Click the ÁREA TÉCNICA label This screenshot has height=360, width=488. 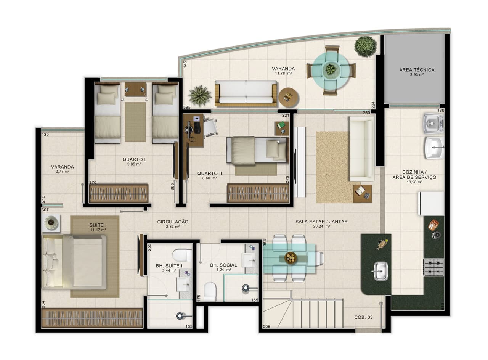click(417, 70)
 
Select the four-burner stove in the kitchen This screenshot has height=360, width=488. click(434, 267)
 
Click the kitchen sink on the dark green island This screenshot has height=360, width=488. click(380, 271)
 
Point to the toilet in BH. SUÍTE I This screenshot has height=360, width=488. click(182, 255)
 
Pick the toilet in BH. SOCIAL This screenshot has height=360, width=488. click(210, 291)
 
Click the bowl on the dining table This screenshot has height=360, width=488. click(291, 258)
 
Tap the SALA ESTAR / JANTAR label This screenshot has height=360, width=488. click(321, 222)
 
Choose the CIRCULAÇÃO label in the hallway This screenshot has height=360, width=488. click(173, 222)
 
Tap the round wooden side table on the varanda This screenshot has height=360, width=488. click(289, 97)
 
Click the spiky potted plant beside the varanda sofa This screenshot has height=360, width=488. click(200, 96)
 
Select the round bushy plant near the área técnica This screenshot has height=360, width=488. click(365, 46)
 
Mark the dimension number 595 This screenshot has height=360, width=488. click(186, 108)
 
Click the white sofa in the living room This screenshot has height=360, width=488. click(361, 149)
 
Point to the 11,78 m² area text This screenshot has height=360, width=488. click(283, 74)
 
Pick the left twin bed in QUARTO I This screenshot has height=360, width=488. click(108, 114)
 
